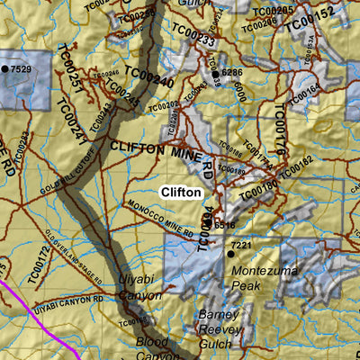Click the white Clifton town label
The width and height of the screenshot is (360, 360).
181,192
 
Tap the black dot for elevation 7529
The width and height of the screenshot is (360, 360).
4,69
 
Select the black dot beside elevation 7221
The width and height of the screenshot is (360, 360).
229,255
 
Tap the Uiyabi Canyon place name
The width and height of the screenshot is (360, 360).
140,287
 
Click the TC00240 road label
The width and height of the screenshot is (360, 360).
148,81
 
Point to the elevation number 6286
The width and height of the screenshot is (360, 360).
232,72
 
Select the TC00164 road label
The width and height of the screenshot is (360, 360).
305,91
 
